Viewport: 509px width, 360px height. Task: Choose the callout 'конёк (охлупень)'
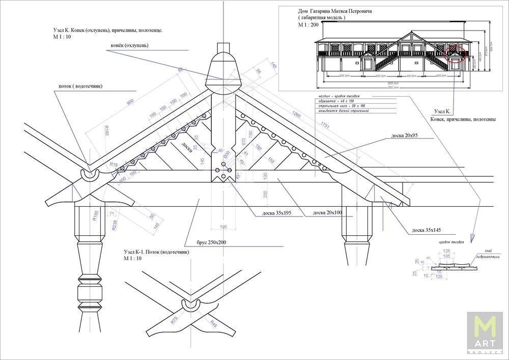(x=129, y=45)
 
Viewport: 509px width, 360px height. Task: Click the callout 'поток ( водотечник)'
(x=77, y=86)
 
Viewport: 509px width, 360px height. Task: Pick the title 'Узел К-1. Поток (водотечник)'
(x=156, y=252)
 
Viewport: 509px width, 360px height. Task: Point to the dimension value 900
(x=130, y=102)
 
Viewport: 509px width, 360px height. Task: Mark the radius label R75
(x=175, y=320)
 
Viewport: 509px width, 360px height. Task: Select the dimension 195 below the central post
(x=223, y=227)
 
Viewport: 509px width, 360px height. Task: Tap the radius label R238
(x=115, y=225)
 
